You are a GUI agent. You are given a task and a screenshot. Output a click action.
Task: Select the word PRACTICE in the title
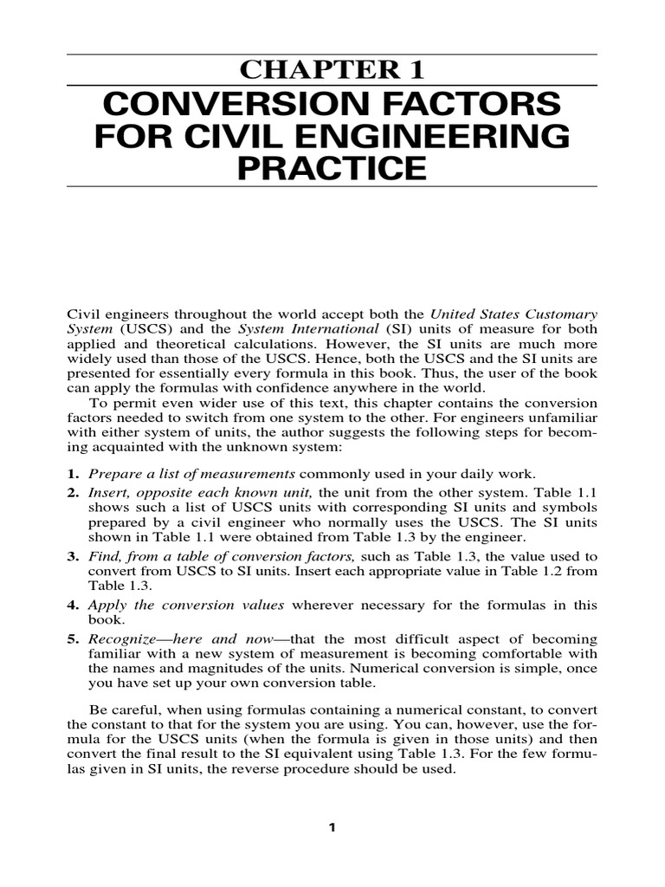pyautogui.click(x=333, y=166)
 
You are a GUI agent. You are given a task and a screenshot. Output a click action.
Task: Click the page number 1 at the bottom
pyautogui.click(x=331, y=827)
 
